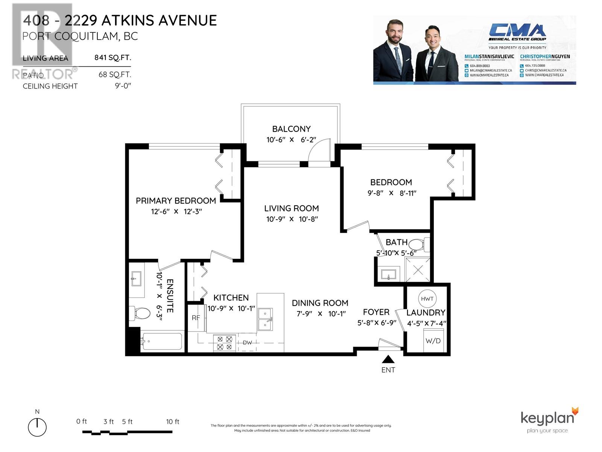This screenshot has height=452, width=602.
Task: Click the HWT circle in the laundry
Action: [x=427, y=299]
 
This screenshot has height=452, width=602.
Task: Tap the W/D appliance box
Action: [x=433, y=341]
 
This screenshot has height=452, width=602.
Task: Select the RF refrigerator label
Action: [x=196, y=318]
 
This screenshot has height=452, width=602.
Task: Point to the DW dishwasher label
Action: [x=247, y=343]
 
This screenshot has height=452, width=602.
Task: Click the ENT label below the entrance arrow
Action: [x=388, y=370]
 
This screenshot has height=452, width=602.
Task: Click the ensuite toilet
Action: [x=140, y=313]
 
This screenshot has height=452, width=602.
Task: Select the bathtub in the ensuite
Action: [x=162, y=341]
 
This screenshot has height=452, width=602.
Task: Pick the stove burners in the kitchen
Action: [x=225, y=343]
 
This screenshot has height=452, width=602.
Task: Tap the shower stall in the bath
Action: [x=418, y=269]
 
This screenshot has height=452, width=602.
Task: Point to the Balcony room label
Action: [x=291, y=129]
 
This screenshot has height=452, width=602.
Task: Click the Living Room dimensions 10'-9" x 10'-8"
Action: [x=292, y=219]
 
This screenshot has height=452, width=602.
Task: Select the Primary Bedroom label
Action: [x=176, y=201]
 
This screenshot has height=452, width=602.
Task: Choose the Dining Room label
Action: [x=320, y=303]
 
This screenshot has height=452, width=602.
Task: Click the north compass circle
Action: [x=37, y=428]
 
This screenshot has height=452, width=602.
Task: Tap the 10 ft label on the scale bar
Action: [x=173, y=422]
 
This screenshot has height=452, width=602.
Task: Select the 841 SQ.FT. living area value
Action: [x=112, y=58]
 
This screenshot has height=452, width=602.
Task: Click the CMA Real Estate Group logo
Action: [x=517, y=33]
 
